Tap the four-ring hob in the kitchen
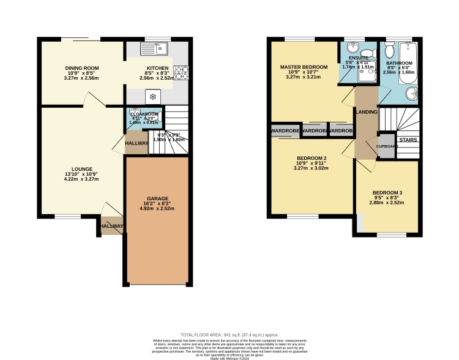coord(181,73)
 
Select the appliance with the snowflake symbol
coord(152,96)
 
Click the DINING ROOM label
coord(82,68)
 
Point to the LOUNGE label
coord(81,169)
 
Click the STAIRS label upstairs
coord(408,140)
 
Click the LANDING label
coord(367,111)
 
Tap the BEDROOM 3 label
coord(387,193)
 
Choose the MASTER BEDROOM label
coord(304,67)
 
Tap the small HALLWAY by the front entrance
coord(112,226)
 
